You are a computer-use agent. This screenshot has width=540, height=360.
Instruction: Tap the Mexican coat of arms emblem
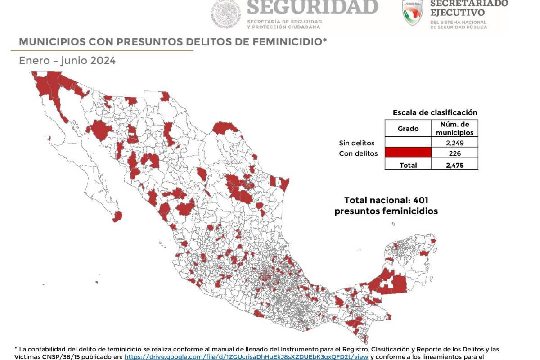227,13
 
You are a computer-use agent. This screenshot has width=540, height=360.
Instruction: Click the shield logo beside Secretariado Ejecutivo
413,13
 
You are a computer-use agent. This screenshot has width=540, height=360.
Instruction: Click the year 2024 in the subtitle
102,61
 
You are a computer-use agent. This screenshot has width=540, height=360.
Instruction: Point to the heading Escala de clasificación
435,112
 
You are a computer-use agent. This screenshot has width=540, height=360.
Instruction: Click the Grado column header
408,129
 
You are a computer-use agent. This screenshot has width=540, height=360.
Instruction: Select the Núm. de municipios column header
454,128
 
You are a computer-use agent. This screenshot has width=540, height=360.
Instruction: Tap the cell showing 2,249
454,143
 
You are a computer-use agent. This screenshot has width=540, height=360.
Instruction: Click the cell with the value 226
454,153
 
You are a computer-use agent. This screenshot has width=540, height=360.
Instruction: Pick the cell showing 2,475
454,165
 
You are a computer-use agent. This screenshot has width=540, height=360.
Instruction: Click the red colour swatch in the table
408,153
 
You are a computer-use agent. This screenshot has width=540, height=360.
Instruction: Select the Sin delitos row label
356,143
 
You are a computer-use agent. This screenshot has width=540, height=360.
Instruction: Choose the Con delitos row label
358,153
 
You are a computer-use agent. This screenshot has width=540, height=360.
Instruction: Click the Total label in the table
408,165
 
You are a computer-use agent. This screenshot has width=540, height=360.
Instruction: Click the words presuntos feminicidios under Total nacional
386,211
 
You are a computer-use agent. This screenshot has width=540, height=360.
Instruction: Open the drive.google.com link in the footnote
246,356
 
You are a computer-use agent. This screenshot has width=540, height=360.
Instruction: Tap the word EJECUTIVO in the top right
457,13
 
